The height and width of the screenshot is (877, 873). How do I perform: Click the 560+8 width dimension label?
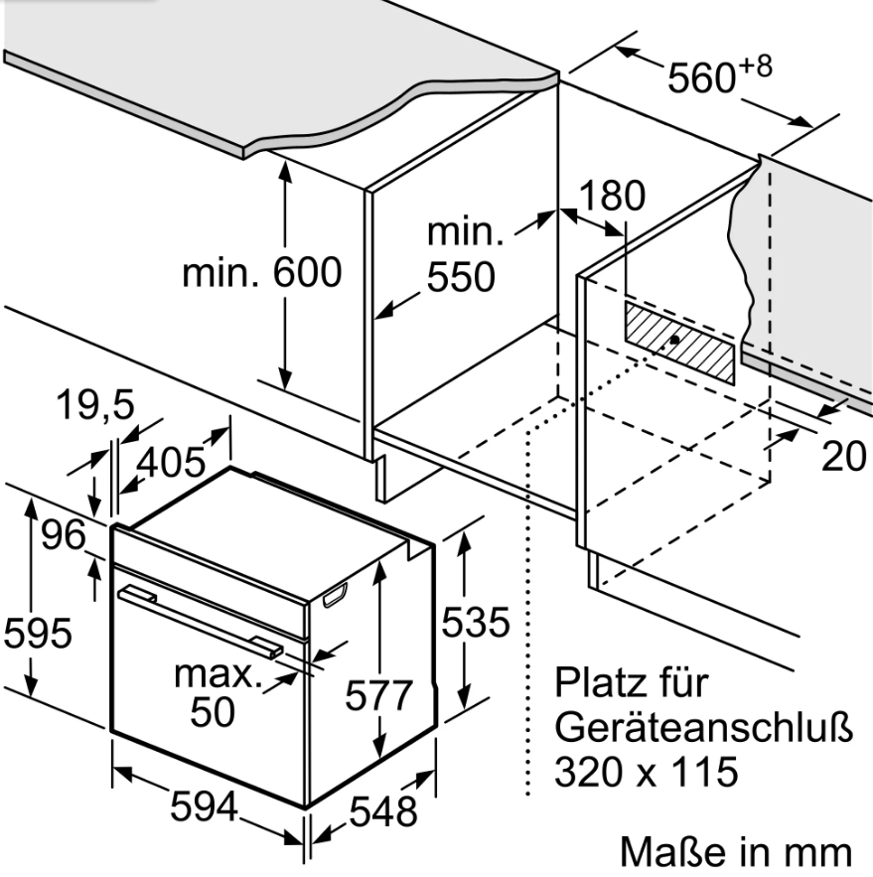pos(720,73)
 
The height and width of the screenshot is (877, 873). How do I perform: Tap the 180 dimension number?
pos(613,196)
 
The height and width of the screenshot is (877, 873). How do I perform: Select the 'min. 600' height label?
pos(262,273)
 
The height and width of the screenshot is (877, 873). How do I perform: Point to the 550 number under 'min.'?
pos(461,277)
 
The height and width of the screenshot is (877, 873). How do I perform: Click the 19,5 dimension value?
pos(95,405)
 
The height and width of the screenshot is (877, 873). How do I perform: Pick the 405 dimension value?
pos(172,463)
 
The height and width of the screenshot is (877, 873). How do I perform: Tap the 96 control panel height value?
pos(65,534)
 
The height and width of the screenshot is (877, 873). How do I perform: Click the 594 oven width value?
pos(205,807)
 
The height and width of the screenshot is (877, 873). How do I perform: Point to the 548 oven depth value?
pos(383,812)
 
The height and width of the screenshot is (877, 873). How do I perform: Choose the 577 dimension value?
pos(378,696)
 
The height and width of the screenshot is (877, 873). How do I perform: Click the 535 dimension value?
pos(476,623)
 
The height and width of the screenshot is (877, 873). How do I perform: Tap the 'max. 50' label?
pos(218,693)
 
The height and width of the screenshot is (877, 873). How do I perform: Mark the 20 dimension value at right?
pos(844,457)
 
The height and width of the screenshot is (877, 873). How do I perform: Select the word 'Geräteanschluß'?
pos(704,727)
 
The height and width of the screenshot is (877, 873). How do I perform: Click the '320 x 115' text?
pos(646,772)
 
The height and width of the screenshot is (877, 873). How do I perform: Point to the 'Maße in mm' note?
pos(736,853)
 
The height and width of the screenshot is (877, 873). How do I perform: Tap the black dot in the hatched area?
pos(674,340)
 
